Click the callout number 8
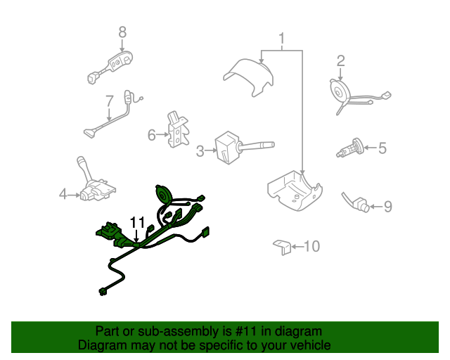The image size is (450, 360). (x=122, y=32)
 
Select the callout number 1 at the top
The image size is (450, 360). (x=282, y=38)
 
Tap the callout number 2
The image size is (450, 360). (x=340, y=61)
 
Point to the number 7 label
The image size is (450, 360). (x=110, y=101)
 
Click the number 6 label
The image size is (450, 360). (x=152, y=134)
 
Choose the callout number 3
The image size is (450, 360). (x=200, y=150)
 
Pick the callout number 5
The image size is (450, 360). (x=382, y=148)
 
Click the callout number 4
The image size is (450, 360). (x=63, y=194)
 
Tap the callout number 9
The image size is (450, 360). (x=388, y=207)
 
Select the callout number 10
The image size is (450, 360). (x=311, y=246)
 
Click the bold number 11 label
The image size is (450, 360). (x=138, y=222)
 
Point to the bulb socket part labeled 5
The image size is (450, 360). (x=350, y=148)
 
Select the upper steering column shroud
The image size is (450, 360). (x=249, y=77)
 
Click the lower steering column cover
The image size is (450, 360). (x=295, y=191)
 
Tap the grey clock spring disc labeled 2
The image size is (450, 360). (x=339, y=91)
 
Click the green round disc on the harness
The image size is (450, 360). (x=164, y=194)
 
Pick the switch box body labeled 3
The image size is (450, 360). (x=226, y=148)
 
